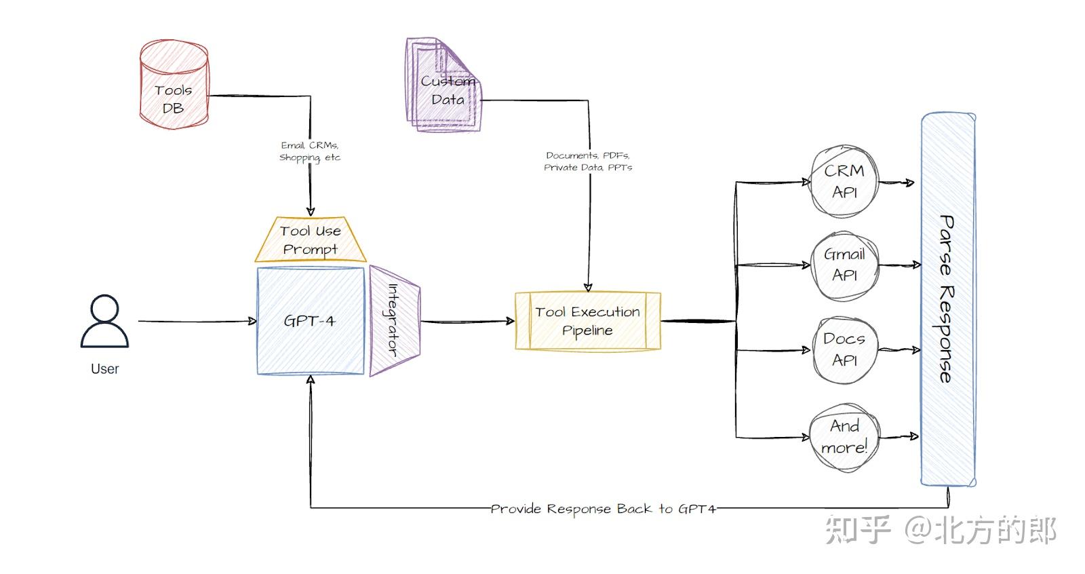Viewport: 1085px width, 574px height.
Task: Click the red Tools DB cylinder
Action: [x=174, y=85]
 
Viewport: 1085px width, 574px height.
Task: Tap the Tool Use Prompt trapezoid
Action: [x=311, y=240]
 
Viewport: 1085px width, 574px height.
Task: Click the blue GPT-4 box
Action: [x=311, y=321]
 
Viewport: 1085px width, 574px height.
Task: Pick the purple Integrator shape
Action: [x=394, y=320]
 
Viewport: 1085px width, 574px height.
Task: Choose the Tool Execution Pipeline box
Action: [x=587, y=321]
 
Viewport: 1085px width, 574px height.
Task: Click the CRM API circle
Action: [x=844, y=182]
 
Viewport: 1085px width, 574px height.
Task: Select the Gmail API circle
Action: [x=844, y=265]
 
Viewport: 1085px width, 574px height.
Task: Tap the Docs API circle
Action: [x=844, y=349]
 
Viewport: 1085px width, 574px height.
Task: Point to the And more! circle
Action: [x=844, y=437]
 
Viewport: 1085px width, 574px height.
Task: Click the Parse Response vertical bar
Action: [x=947, y=299]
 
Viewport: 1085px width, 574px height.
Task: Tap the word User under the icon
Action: [x=104, y=369]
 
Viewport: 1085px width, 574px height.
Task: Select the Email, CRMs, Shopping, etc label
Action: [x=310, y=151]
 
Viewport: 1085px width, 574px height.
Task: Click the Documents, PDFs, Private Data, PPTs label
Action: [x=588, y=161]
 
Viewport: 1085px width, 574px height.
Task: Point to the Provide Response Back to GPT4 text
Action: [x=603, y=509]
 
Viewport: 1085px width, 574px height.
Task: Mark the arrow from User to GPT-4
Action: [x=197, y=321]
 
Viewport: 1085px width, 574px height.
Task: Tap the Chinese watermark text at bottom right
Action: [x=940, y=530]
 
